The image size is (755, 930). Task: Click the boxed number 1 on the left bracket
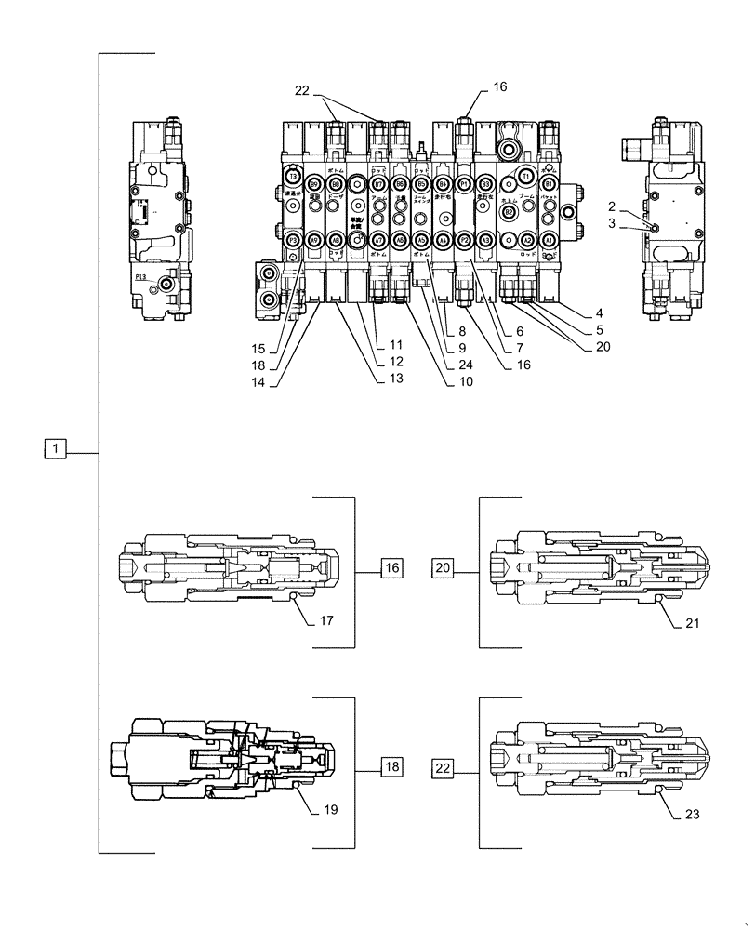tap(56, 451)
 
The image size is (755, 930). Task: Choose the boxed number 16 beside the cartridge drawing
tap(391, 565)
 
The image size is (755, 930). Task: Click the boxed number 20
tap(443, 565)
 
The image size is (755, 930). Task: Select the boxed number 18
tap(391, 766)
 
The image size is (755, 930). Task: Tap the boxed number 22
tap(443, 766)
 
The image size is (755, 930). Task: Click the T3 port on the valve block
tap(292, 177)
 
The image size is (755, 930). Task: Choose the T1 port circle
tap(525, 177)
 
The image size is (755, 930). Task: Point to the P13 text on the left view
tap(141, 276)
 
